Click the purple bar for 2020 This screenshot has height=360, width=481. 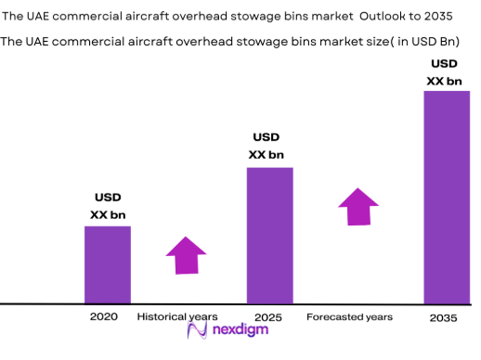click(x=108, y=264)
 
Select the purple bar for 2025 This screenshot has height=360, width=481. click(x=269, y=236)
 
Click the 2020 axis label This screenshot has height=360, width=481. click(x=104, y=317)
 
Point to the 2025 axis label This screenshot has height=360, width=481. click(x=268, y=317)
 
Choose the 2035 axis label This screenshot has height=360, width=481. click(x=444, y=317)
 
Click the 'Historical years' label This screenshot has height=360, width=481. click(x=177, y=317)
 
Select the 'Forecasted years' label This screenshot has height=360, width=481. click(x=349, y=317)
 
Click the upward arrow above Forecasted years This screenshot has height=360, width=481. click(x=357, y=206)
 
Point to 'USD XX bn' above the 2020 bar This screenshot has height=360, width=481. click(x=108, y=206)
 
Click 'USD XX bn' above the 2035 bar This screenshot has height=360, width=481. click(x=444, y=72)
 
